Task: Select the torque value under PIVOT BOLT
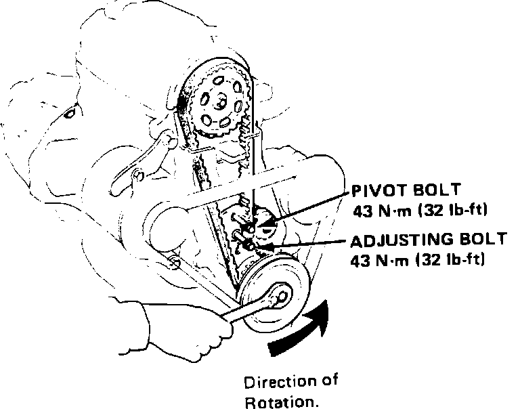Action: click(x=420, y=209)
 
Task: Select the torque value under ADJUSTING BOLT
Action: click(x=418, y=260)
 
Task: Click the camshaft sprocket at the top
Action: click(x=217, y=102)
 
